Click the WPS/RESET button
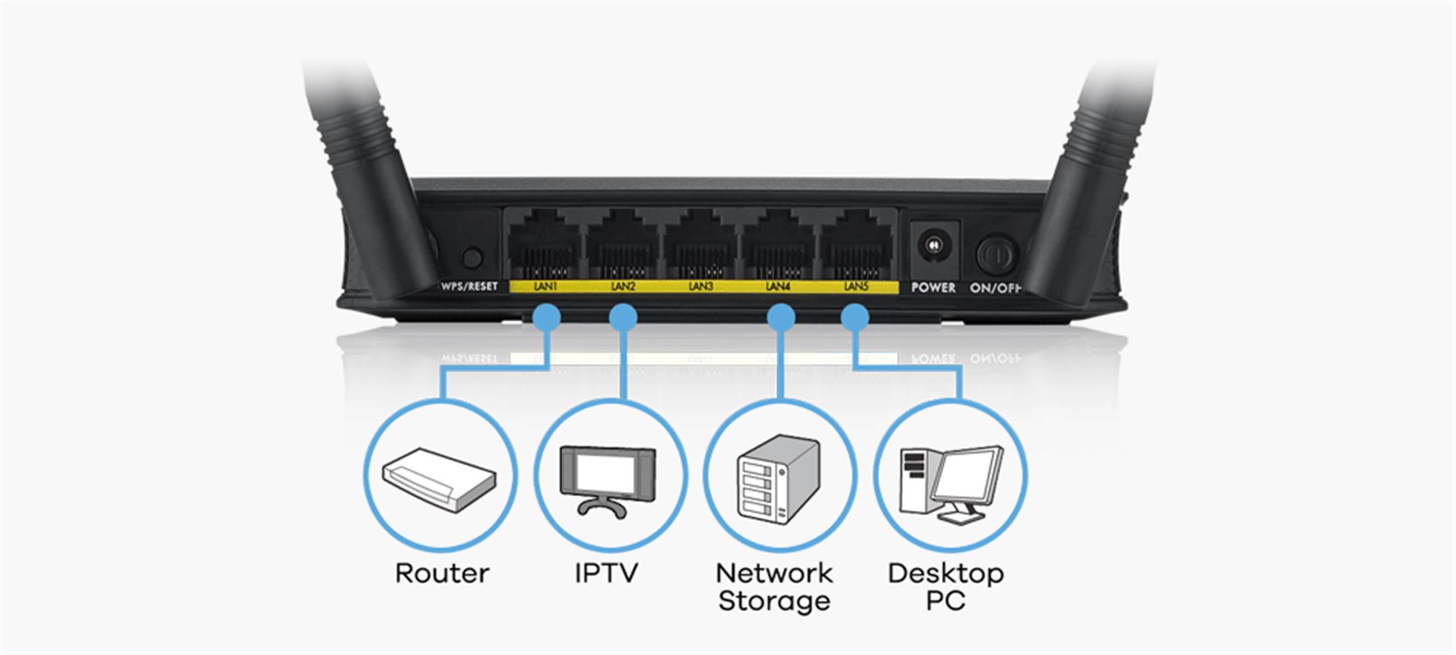click(x=472, y=257)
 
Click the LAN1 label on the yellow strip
click(x=545, y=286)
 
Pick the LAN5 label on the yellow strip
click(x=855, y=286)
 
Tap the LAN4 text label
click(x=778, y=286)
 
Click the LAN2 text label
click(x=623, y=286)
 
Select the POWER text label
click(x=933, y=288)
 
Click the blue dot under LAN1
click(x=546, y=318)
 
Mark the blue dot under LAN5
click(x=854, y=318)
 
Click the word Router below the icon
click(x=442, y=574)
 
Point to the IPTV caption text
click(x=606, y=574)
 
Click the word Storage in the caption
click(x=774, y=601)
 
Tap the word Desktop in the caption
click(x=946, y=574)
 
